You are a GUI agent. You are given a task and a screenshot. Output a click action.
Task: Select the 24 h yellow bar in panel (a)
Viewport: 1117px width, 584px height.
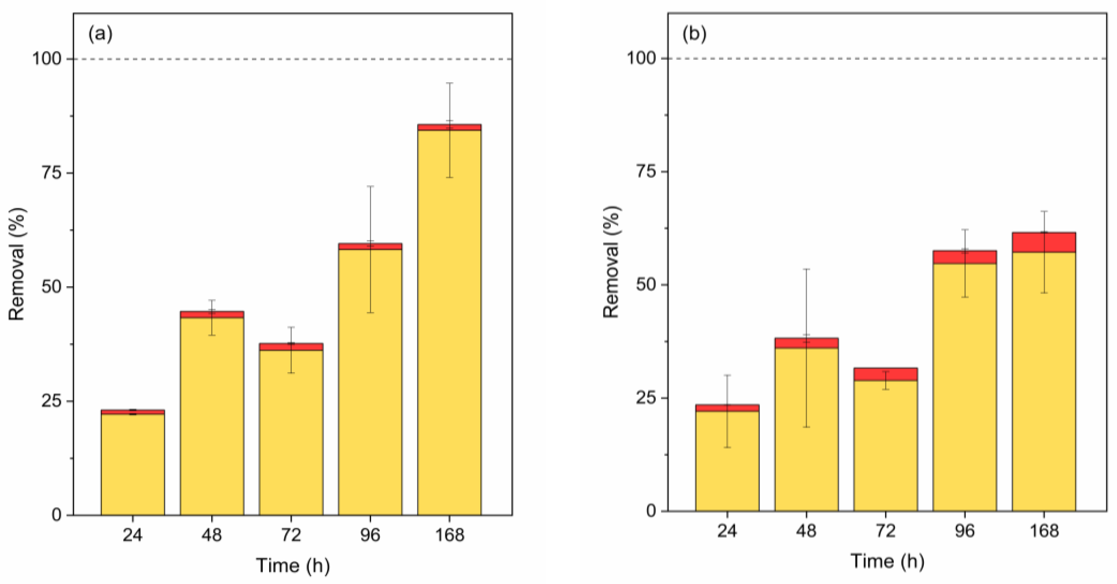[x=133, y=464]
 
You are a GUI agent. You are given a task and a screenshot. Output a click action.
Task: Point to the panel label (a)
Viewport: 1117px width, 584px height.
[x=100, y=34]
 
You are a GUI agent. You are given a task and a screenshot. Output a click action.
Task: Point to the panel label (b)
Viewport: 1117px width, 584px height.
[x=694, y=34]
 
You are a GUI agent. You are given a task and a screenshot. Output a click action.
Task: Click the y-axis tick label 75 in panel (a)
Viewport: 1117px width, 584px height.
[x=51, y=173]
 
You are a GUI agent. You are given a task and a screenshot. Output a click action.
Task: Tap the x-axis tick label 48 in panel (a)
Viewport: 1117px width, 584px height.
[x=212, y=535]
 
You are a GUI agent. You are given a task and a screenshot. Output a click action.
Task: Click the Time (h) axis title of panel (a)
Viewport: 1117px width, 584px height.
[x=293, y=565]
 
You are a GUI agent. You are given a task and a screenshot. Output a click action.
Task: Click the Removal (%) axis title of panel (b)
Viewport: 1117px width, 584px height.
[x=612, y=262]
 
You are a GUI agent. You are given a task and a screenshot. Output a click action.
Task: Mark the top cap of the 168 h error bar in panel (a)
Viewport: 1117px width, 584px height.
[x=450, y=83]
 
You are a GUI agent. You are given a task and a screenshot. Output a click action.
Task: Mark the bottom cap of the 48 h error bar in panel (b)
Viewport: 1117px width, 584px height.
[x=806, y=427]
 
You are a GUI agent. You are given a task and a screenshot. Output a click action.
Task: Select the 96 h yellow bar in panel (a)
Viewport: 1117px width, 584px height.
[x=370, y=382]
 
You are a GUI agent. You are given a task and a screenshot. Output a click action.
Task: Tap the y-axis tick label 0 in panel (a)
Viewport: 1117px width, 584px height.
[x=57, y=515]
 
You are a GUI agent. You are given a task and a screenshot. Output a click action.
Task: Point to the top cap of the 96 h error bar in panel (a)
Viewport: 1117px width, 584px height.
[x=370, y=186]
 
